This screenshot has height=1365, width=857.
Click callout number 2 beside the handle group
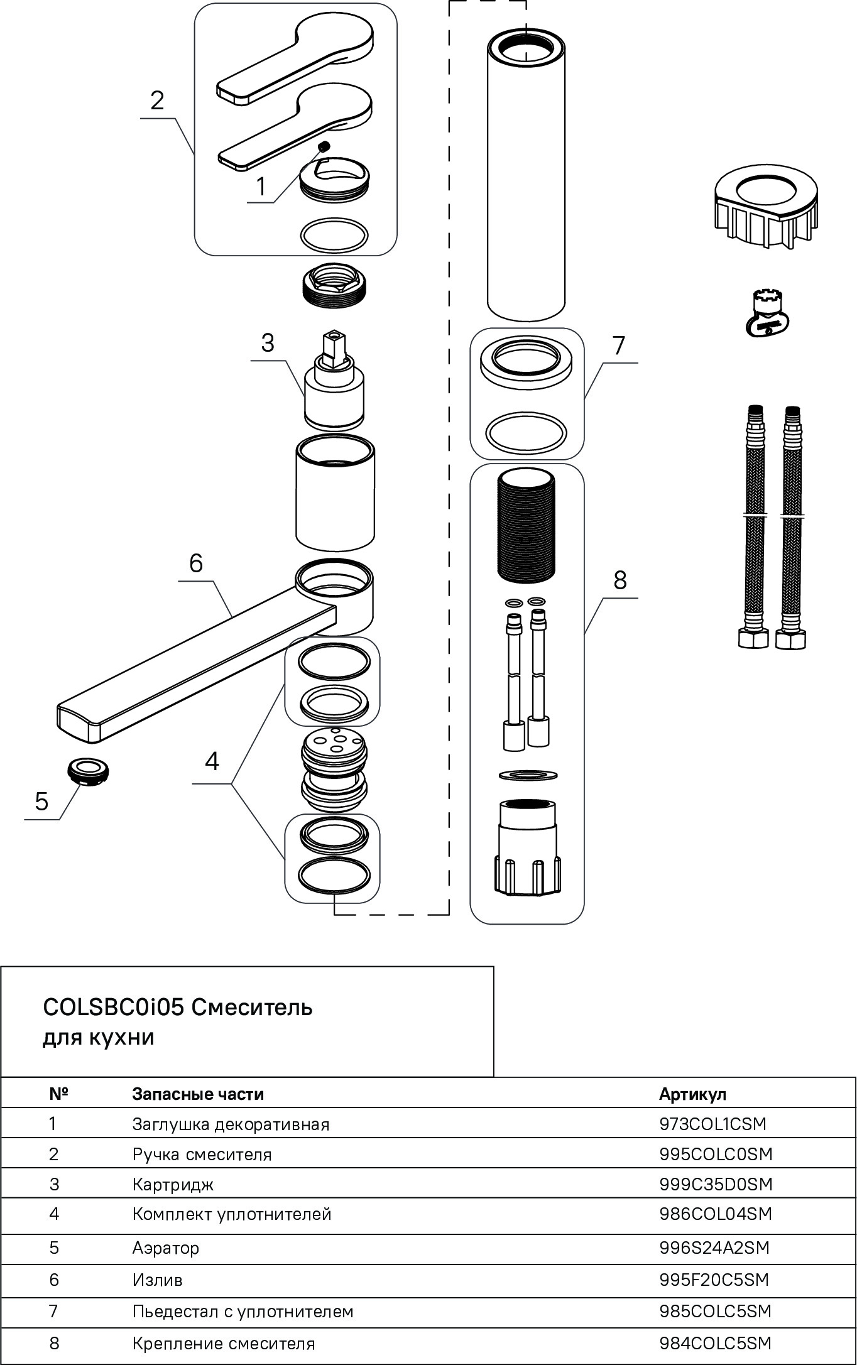157,101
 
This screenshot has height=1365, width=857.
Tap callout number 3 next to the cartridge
268,343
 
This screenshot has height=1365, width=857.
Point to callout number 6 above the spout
196,563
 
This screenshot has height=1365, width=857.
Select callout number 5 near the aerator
41,802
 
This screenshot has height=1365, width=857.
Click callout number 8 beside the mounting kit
620,580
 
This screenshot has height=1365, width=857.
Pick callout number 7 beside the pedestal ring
619,345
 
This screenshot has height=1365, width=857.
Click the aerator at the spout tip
87,770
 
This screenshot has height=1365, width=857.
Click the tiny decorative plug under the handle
324,148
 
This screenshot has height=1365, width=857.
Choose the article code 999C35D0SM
716,1184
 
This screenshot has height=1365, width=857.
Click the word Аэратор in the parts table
165,1248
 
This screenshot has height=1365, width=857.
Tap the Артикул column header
692,1094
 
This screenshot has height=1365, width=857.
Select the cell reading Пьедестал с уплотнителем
243,1312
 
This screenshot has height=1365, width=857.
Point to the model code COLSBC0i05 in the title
113,1008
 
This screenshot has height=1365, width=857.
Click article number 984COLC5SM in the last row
715,1344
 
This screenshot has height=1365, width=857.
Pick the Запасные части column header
198,1094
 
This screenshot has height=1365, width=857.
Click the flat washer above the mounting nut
528,775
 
